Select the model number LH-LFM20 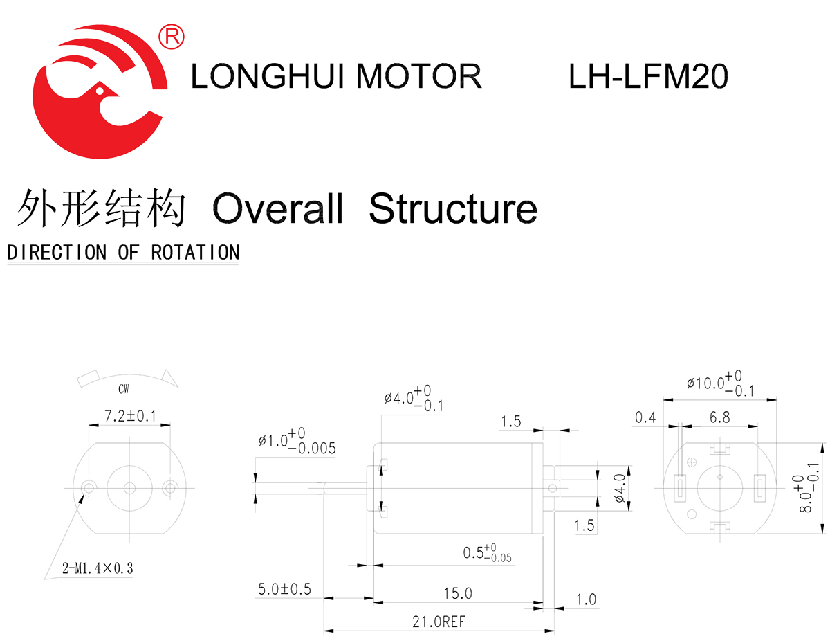[x=648, y=76]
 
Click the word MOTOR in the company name [x=418, y=76]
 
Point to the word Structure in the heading [x=453, y=208]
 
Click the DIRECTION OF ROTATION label [x=123, y=252]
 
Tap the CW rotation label [x=123, y=389]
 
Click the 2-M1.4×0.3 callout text [x=97, y=569]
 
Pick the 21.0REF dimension [x=439, y=622]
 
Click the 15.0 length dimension [x=457, y=593]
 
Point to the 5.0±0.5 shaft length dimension [x=284, y=590]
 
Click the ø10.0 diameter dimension [x=719, y=383]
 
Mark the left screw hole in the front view [x=88, y=487]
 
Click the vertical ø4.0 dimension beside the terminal [x=620, y=488]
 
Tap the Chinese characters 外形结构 [x=102, y=208]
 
